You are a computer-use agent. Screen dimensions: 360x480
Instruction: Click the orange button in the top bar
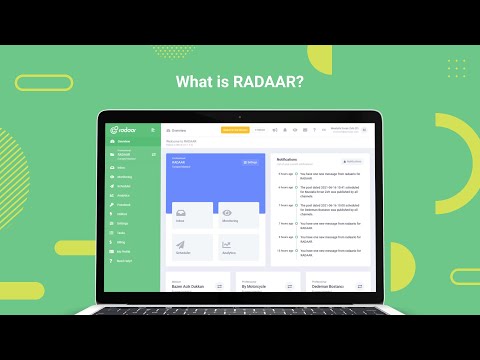coord(234,130)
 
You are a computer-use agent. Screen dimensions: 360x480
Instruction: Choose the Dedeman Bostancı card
coord(322,284)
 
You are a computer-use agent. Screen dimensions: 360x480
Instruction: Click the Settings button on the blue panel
coord(250,161)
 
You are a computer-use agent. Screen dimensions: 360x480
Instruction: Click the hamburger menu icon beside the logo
coord(153,130)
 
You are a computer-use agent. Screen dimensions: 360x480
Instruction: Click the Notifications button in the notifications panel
coord(351,161)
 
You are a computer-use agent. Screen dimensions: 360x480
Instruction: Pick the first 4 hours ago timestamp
coord(286,173)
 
